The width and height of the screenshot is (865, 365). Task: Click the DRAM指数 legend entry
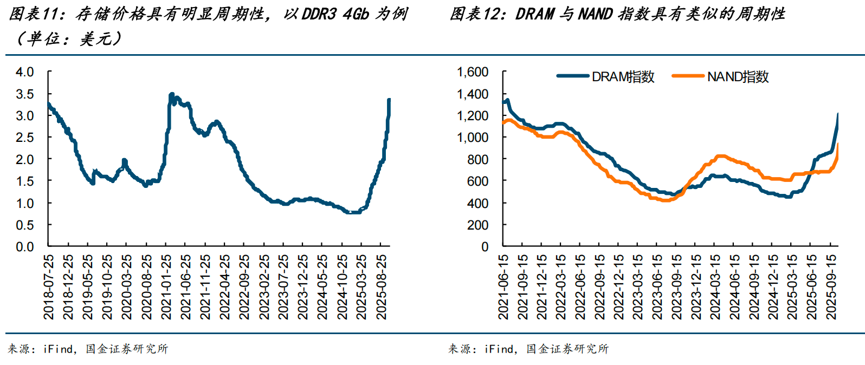click(605, 76)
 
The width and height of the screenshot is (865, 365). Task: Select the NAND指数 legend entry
click(720, 76)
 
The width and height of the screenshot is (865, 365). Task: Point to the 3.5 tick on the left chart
click(25, 94)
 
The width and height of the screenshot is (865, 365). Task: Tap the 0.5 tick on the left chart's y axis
click(25, 225)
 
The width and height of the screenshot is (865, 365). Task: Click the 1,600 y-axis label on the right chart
click(473, 72)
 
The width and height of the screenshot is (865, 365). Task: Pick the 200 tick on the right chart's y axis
click(478, 225)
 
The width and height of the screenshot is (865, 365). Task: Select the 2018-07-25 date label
click(49, 286)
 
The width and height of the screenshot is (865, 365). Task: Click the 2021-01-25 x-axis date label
click(166, 286)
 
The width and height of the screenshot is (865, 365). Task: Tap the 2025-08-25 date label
click(382, 286)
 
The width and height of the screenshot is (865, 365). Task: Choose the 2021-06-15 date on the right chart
click(503, 286)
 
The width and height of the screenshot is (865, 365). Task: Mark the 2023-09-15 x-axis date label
click(676, 286)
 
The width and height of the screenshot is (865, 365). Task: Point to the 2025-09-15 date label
click(831, 286)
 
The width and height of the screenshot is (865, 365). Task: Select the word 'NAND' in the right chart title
click(596, 14)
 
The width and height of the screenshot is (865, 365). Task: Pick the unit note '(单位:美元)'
click(69, 39)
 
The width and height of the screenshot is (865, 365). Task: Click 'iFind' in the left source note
click(58, 349)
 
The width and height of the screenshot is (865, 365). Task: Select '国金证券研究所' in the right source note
click(567, 349)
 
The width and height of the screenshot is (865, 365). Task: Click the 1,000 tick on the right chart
click(473, 138)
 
